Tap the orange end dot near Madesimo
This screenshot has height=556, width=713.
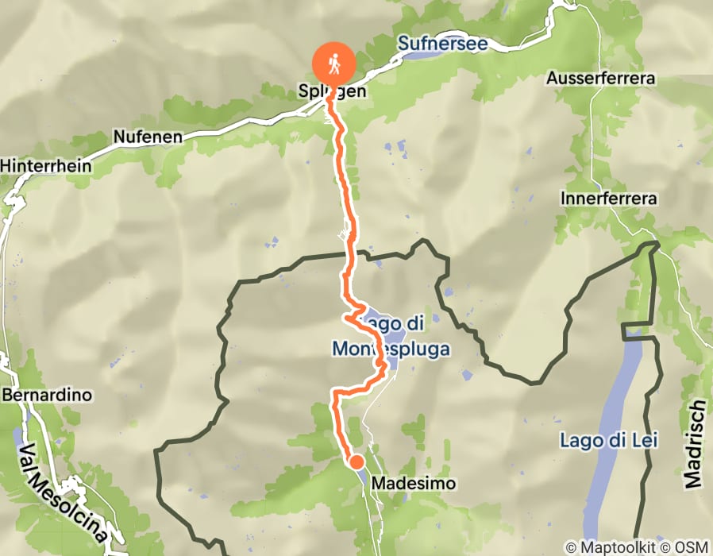[356, 461]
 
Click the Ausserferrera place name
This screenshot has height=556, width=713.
[599, 79]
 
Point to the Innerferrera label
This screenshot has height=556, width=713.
[608, 198]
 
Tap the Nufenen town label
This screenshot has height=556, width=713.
[147, 137]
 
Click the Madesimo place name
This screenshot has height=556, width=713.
[405, 482]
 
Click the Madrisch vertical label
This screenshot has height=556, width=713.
[693, 444]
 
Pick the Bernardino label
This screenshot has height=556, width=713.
[48, 395]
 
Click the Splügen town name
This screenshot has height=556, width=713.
[332, 91]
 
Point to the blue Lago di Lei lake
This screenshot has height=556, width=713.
[611, 397]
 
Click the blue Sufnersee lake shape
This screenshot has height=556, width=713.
[422, 56]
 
